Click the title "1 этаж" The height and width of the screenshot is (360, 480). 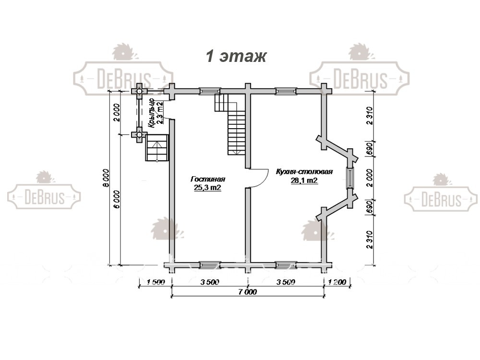point(236,56)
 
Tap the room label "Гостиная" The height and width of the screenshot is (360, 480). point(208,179)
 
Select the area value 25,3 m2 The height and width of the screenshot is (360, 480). point(207,188)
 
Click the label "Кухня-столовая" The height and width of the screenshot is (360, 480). point(304,171)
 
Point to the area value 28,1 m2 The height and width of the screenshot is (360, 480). point(304,180)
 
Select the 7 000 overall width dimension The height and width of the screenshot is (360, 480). point(248,292)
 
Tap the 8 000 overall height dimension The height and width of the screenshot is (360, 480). point(106,178)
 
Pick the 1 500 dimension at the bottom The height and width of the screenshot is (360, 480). point(155,282)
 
